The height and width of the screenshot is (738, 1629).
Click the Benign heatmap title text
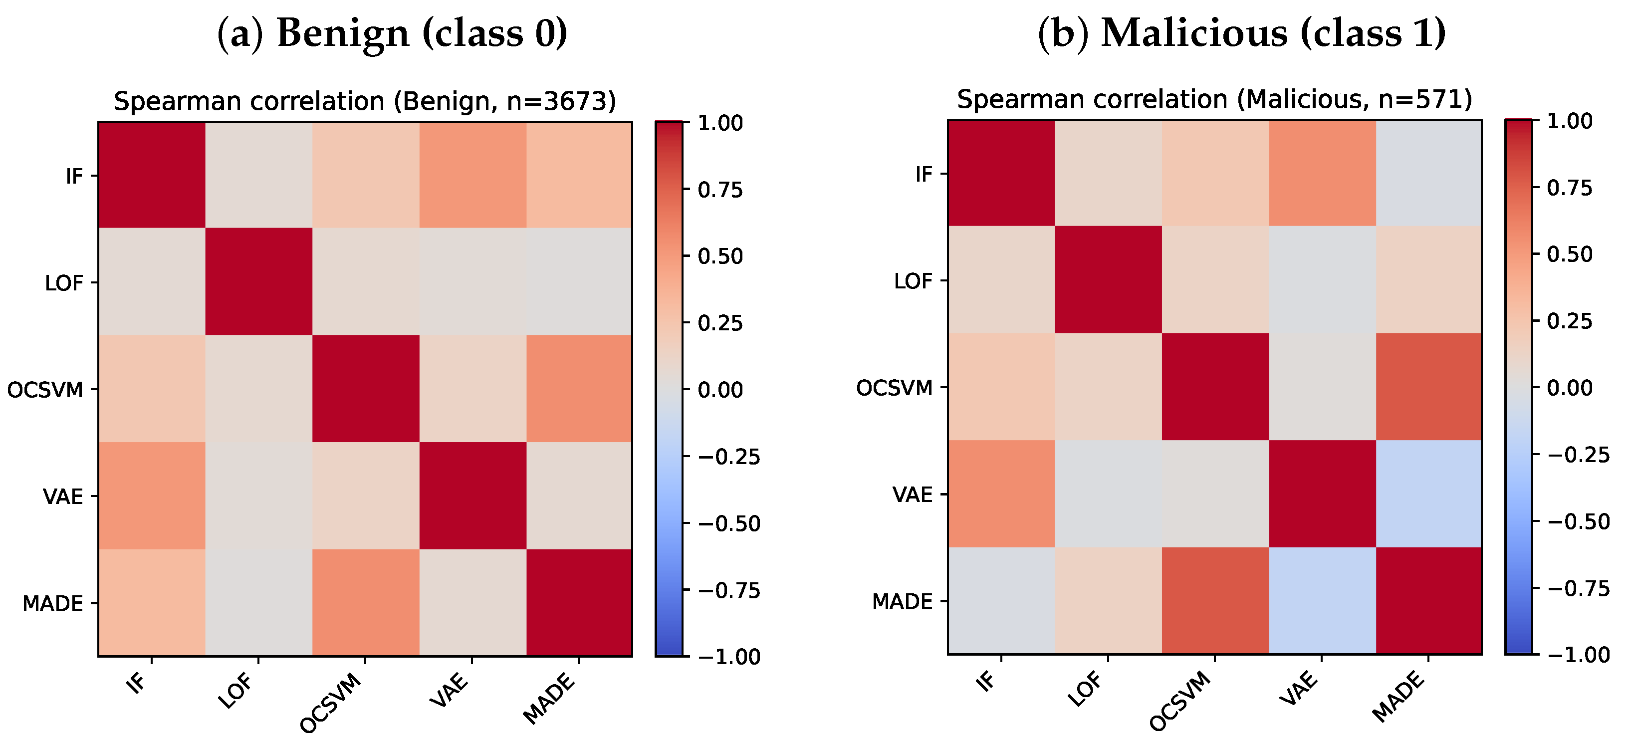tap(365, 101)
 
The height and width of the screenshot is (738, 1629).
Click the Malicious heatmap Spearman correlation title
tap(1214, 99)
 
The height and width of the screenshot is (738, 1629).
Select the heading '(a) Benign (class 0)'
tap(392, 33)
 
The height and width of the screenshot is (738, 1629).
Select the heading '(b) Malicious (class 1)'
tap(1242, 33)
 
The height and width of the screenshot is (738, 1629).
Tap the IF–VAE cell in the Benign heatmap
tap(472, 175)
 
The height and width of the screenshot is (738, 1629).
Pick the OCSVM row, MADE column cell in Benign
tap(579, 389)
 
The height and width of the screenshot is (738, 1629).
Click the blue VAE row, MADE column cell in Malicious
tap(1428, 494)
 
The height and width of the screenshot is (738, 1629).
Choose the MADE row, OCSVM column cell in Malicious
tap(1215, 601)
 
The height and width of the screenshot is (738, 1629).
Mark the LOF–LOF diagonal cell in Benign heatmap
tap(258, 282)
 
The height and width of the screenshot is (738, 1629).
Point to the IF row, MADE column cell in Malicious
tap(1428, 173)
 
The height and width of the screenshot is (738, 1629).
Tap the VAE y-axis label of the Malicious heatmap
tap(913, 494)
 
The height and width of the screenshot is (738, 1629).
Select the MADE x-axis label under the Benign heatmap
tap(549, 698)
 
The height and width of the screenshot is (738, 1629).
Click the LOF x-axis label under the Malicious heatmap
tap(1085, 689)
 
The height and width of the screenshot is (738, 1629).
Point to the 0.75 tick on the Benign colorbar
tap(686, 189)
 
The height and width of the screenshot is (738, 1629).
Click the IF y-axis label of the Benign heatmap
tap(74, 176)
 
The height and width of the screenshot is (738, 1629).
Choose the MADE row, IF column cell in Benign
tap(152, 603)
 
